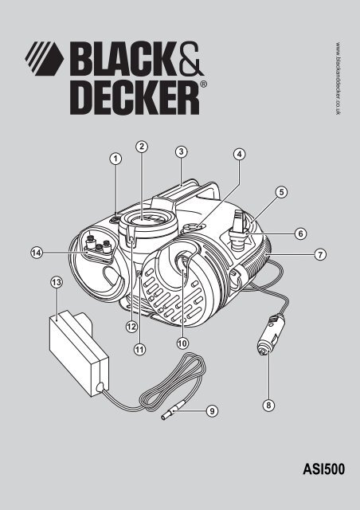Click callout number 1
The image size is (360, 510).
(115, 159)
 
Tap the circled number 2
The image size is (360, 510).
(142, 147)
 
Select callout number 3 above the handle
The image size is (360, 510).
(181, 151)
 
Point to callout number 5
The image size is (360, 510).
(281, 192)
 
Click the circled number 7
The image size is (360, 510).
(320, 254)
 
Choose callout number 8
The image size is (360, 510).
(268, 406)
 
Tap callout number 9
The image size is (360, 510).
(212, 411)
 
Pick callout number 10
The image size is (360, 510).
(182, 343)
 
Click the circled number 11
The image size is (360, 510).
(139, 350)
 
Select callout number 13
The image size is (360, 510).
(57, 282)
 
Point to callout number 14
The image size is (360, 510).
(37, 253)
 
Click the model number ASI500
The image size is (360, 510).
(323, 469)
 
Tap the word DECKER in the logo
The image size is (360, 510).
(135, 97)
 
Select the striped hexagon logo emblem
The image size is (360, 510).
(45, 58)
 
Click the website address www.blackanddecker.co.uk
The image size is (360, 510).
(338, 78)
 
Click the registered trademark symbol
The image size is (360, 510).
(203, 84)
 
